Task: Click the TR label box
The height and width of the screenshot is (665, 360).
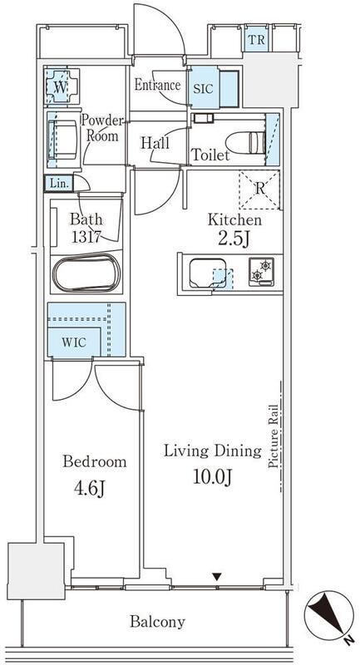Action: [256, 40]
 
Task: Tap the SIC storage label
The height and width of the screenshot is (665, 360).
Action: [204, 90]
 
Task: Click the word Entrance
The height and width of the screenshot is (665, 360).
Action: [157, 86]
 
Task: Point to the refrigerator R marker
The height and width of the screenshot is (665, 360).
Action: [259, 190]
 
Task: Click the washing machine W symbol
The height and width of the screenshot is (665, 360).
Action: [61, 87]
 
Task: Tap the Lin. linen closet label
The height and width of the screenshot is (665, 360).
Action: [58, 184]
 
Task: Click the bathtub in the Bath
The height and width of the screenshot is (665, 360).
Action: [86, 273]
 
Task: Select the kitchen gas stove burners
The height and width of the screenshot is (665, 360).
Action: [261, 272]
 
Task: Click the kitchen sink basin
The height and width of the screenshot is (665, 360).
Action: [208, 273]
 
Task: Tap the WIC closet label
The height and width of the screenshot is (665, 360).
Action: [74, 342]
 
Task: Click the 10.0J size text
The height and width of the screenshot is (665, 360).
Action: [213, 477]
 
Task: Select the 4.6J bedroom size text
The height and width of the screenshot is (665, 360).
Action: [90, 489]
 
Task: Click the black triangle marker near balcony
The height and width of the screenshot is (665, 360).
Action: [217, 576]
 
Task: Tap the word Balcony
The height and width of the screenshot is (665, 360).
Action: [157, 622]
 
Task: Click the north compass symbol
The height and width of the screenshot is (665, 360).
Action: [329, 616]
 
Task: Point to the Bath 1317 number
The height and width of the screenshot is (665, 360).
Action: [86, 238]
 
